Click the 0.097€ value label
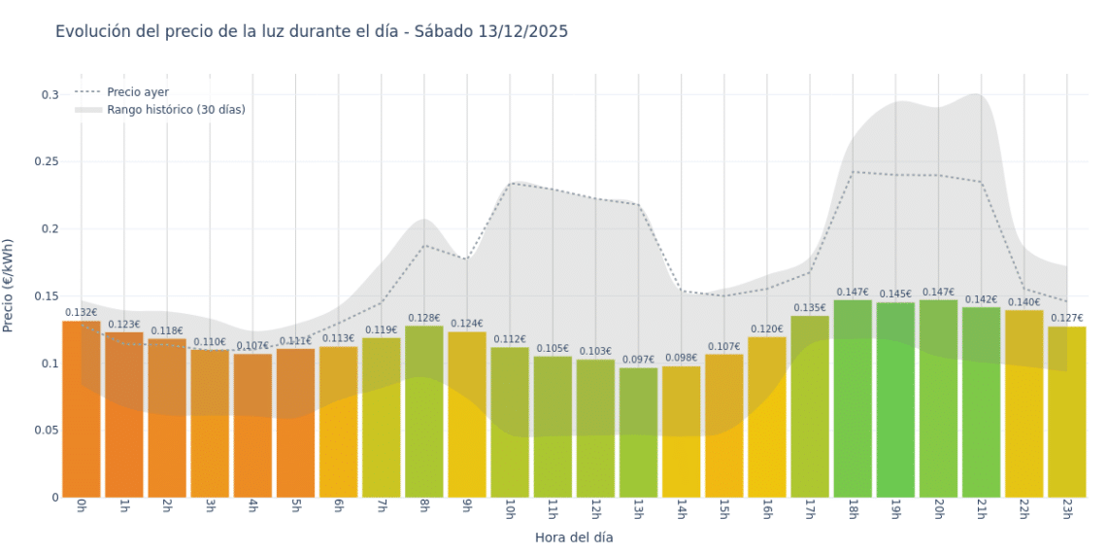(x=638, y=360)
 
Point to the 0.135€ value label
(x=809, y=308)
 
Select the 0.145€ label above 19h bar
(x=895, y=294)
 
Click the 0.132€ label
(x=82, y=312)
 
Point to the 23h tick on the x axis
(x=1066, y=509)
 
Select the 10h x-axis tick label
(x=510, y=509)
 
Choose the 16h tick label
(x=767, y=509)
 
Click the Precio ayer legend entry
(x=137, y=91)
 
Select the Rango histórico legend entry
(x=176, y=110)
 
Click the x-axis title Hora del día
(x=574, y=537)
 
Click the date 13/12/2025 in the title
(x=522, y=31)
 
